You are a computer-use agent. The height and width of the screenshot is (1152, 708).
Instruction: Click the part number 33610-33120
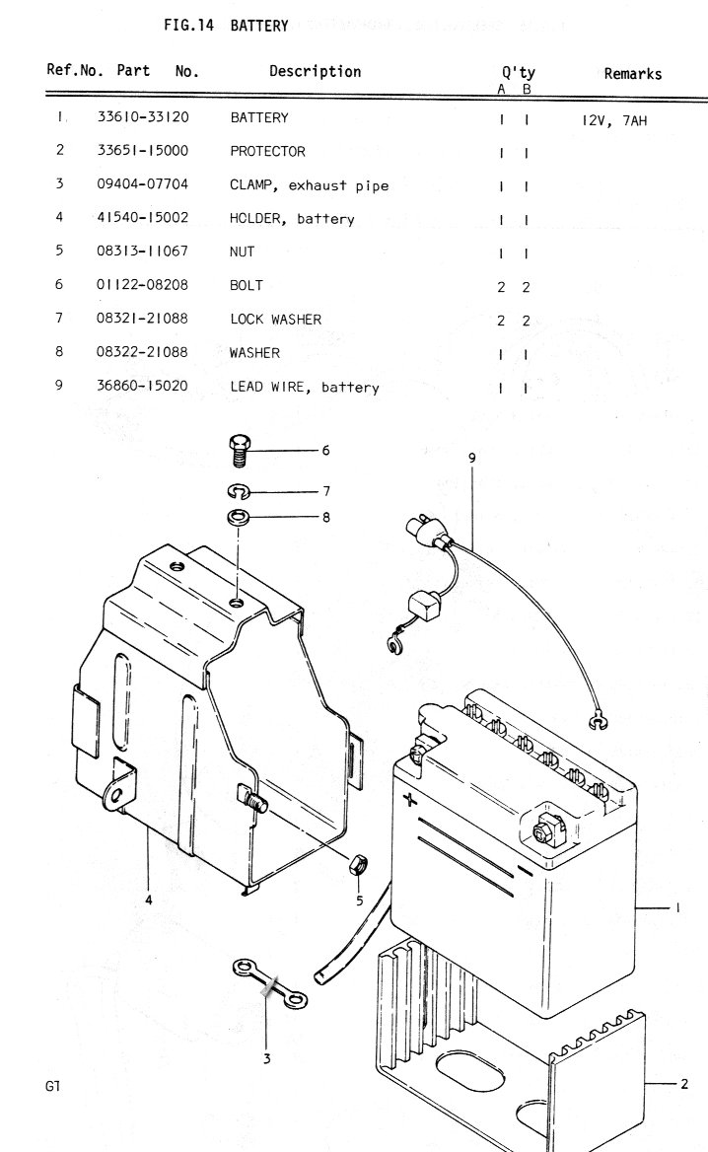pos(143,117)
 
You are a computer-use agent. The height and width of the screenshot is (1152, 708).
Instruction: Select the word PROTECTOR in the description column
pos(267,151)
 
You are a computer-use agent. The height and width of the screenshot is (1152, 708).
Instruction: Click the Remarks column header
pos(632,73)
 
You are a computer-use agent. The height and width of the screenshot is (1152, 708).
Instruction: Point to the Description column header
pos(315,71)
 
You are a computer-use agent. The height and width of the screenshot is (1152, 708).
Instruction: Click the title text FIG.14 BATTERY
pos(226,26)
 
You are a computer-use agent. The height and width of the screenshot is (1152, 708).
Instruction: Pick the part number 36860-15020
pos(143,387)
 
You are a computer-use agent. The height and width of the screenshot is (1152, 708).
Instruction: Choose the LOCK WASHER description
pos(275,319)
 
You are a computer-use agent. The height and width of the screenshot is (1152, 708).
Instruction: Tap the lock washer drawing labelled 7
pos(239,490)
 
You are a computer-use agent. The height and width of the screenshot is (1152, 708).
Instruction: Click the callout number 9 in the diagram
pos(472,458)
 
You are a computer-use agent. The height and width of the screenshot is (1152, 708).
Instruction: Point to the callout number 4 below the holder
pos(148,900)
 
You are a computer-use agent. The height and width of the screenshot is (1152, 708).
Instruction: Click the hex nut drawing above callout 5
pos(358,864)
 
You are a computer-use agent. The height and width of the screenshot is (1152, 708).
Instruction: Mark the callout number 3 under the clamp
pos(266,1059)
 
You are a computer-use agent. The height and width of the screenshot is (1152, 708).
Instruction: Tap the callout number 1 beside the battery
pos(677,908)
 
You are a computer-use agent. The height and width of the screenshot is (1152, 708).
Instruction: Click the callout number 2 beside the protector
pos(684,1084)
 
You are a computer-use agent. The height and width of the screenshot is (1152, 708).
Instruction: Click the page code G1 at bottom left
pos(53,1087)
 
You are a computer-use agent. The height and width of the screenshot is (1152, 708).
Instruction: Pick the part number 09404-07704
pos(143,184)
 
